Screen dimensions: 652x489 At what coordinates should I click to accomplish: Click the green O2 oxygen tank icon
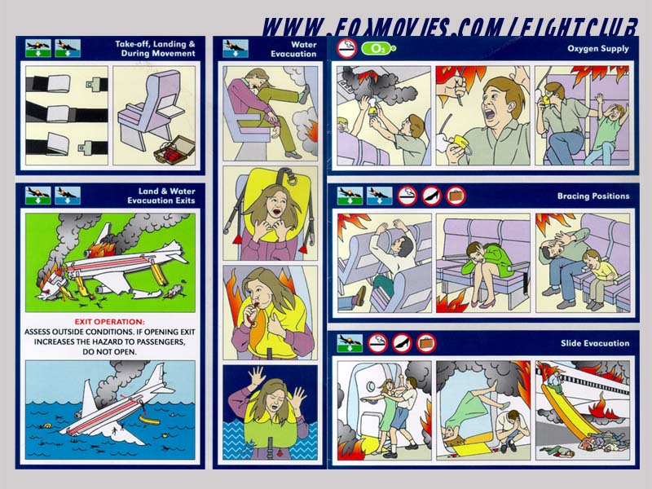pyautogui.click(x=378, y=49)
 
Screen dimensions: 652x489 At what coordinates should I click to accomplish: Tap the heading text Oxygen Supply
pyautogui.click(x=598, y=49)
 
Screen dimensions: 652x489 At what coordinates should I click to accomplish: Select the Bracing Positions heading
pyautogui.click(x=593, y=196)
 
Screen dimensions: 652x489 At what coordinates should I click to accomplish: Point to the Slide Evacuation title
pyautogui.click(x=595, y=343)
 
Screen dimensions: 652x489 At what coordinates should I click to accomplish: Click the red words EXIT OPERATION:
pyautogui.click(x=110, y=321)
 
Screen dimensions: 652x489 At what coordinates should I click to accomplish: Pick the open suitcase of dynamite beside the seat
pyautogui.click(x=174, y=150)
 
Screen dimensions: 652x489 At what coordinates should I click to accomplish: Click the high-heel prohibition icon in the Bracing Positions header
pyautogui.click(x=432, y=196)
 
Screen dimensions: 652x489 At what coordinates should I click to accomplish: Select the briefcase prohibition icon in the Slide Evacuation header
pyautogui.click(x=426, y=343)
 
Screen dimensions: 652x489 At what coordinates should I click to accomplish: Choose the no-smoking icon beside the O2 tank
pyautogui.click(x=347, y=49)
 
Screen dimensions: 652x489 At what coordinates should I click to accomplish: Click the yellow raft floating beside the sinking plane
pyautogui.click(x=150, y=420)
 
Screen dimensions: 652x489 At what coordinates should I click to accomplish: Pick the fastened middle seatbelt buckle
pyautogui.click(x=57, y=114)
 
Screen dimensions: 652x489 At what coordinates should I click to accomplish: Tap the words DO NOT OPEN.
pyautogui.click(x=109, y=352)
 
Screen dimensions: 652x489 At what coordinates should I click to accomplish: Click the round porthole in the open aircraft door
pyautogui.click(x=371, y=386)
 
